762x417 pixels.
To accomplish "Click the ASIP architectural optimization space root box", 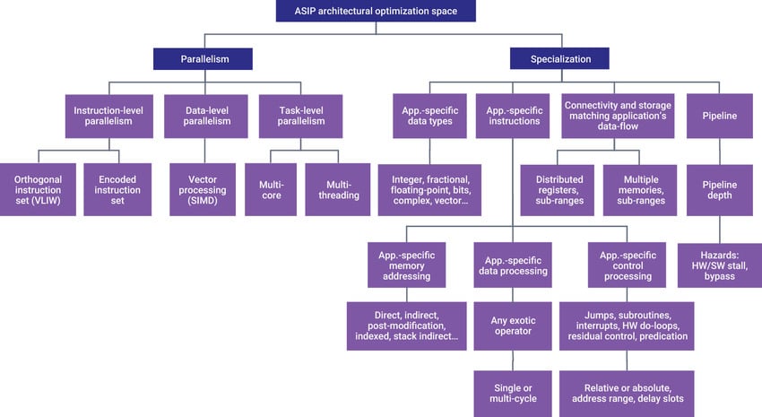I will click(375, 11).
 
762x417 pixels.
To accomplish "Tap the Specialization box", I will click(560, 58).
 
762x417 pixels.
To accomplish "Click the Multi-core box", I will click(271, 188).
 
